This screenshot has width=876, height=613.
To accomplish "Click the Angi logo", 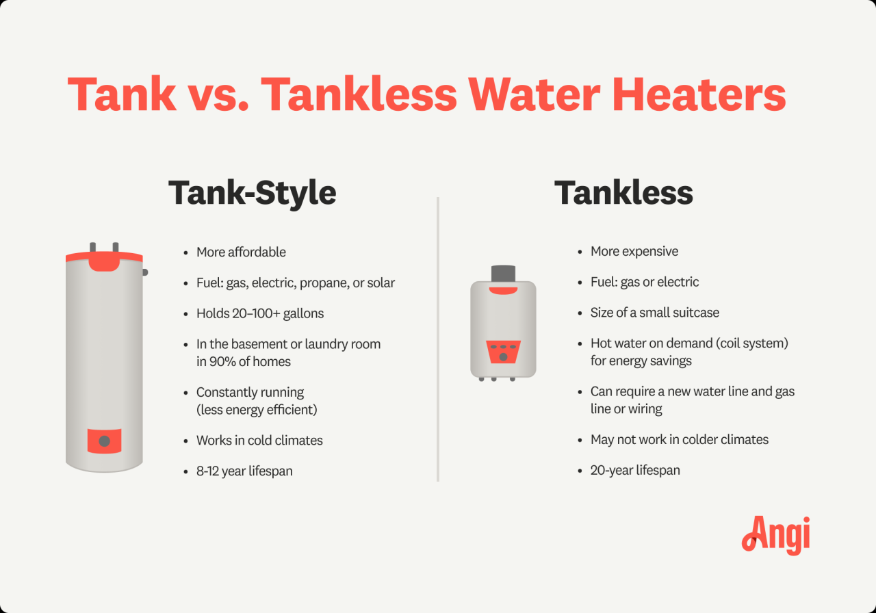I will (775, 534).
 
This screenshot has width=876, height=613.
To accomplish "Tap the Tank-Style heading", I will (252, 193).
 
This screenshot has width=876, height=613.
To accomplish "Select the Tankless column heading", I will (623, 193).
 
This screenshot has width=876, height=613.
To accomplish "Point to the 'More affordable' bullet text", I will (241, 252).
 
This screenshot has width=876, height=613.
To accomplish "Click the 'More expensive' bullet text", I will (634, 252).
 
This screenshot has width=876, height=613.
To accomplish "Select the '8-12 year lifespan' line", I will (244, 471).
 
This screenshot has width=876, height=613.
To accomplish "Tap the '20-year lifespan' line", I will (635, 470).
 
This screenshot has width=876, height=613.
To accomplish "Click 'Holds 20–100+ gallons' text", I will (260, 314).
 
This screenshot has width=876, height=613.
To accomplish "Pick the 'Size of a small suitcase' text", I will (655, 313).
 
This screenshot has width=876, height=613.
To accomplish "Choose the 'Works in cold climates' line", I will (259, 441).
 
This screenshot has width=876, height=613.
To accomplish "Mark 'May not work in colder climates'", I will (680, 440).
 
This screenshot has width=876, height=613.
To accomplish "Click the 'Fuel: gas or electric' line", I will (645, 282).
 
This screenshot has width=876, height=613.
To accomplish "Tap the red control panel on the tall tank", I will (104, 441).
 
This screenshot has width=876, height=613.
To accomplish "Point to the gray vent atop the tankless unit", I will (503, 273).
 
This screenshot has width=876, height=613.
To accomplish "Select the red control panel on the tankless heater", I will (503, 352).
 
